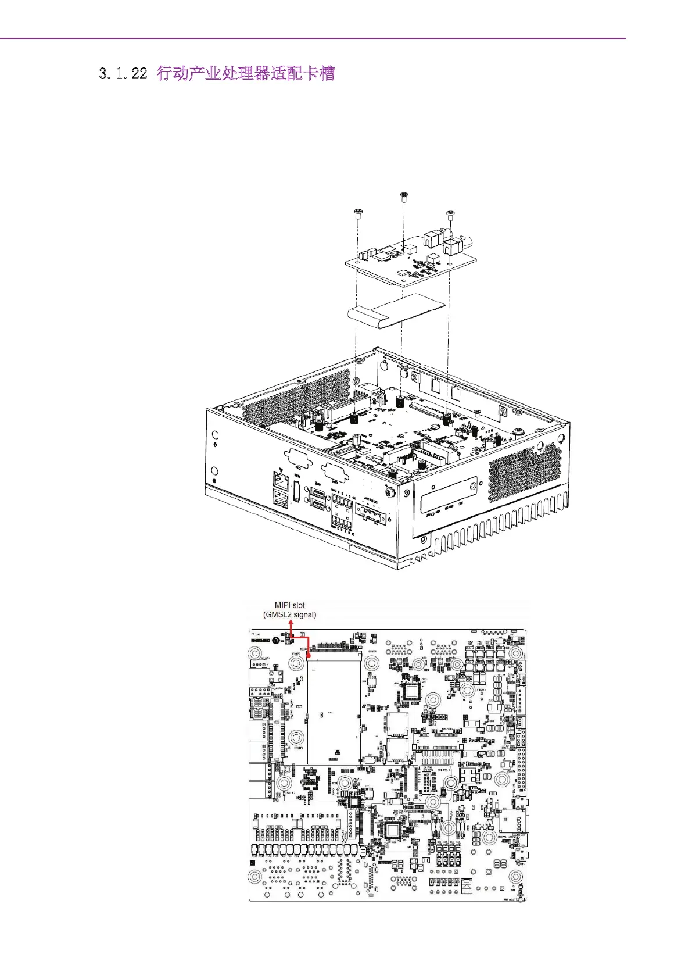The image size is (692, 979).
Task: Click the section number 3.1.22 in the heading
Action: pos(123,74)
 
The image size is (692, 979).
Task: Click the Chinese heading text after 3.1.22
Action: pos(246,74)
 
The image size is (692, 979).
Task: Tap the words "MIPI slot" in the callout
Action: pos(289,605)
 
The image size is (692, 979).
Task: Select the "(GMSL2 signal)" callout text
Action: pos(289,614)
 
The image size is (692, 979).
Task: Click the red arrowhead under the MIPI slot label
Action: pos(291,623)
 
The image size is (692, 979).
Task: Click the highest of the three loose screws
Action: pos(403,196)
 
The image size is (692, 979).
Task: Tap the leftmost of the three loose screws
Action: pos(358,213)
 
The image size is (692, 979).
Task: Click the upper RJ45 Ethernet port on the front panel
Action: pos(281,481)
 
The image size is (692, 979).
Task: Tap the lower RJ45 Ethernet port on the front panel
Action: pos(280,499)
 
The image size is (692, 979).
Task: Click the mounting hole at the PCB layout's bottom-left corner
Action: pos(254,877)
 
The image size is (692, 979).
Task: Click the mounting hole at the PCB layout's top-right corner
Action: pos(515,652)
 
